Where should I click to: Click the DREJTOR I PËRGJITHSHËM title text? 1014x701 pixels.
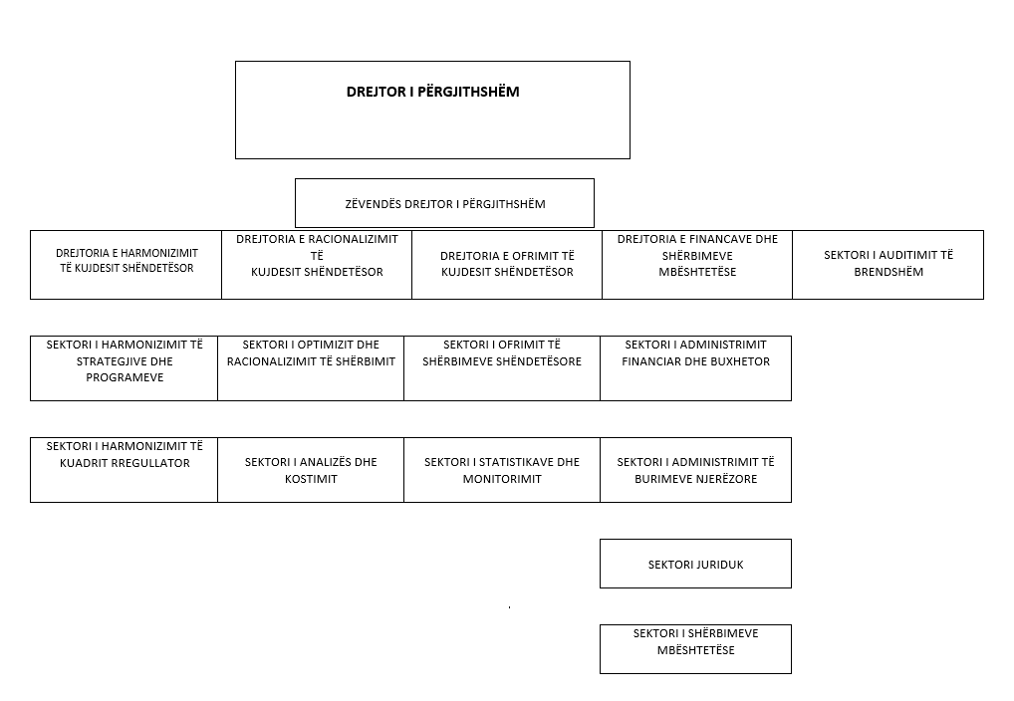432,92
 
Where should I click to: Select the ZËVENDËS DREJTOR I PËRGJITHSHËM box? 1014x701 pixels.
444,203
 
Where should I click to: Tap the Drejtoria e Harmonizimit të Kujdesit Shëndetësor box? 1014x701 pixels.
127,265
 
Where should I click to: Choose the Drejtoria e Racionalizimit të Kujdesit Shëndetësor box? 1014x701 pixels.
317,265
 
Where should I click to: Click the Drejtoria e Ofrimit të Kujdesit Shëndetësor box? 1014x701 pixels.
507,265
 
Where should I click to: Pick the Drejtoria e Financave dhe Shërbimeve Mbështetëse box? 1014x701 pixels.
697,265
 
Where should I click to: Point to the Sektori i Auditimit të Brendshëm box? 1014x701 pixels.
887,265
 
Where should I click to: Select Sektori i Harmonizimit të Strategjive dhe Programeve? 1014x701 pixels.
125,368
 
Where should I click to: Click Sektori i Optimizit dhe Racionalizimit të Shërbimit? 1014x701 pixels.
311,368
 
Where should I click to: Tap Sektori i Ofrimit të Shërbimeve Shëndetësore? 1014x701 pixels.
502,368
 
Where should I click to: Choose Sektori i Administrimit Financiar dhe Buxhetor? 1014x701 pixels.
696,368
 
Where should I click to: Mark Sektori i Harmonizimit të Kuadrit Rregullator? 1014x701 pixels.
125,469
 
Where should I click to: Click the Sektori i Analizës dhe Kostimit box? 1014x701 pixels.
311,469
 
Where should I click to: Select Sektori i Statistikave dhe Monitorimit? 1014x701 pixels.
502,469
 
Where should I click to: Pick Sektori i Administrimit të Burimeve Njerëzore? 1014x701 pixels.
696,469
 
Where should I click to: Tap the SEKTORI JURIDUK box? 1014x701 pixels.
696,564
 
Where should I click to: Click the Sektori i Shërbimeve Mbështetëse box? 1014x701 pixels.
696,649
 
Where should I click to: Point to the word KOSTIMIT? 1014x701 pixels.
311,479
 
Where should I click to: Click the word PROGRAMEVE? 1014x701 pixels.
125,377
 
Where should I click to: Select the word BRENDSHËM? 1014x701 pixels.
888,272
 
